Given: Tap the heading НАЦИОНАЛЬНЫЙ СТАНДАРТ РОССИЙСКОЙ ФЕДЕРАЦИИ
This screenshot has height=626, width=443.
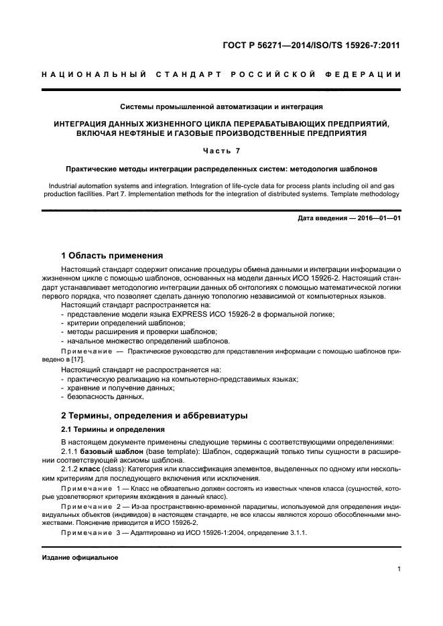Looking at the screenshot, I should pos(221,74).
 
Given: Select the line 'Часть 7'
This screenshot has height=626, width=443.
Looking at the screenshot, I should pos(221,151).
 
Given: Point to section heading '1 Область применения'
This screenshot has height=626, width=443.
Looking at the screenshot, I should pos(111,255).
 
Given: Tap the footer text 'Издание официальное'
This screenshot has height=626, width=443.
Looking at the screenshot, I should pos(80,557).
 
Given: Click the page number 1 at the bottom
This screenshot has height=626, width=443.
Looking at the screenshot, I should pos(398,569).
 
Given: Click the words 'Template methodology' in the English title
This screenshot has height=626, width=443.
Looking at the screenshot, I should pos(364,194).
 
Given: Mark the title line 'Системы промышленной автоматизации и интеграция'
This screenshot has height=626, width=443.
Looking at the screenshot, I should pos(221,106).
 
